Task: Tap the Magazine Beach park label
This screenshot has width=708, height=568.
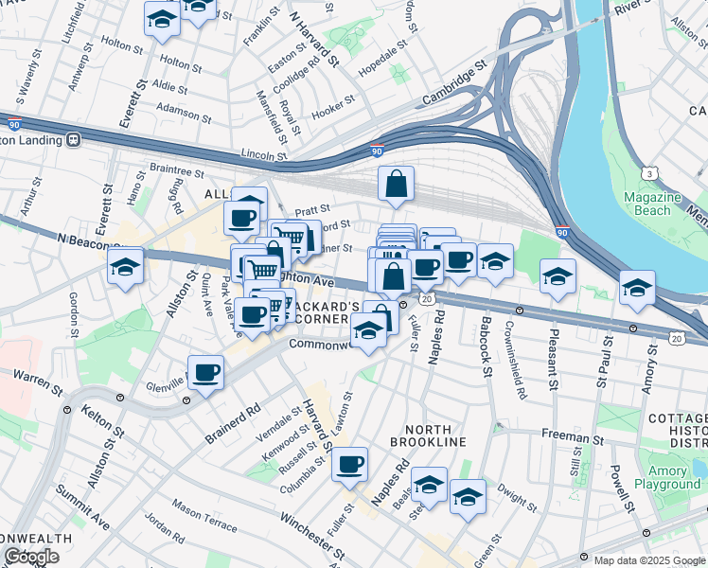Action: pos(653,204)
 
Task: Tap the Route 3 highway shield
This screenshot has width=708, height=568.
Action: pos(650,173)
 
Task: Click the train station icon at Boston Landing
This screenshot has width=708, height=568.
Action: pos(73,139)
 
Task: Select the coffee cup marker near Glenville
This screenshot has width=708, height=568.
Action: pos(205,372)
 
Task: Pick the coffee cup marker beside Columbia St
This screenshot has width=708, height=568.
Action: pos(350,463)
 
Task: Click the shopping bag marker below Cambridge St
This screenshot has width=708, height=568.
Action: pos(396,184)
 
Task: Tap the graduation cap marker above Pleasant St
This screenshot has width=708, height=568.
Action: pos(558,276)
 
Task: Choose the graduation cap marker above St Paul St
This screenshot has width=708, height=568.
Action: pos(637,288)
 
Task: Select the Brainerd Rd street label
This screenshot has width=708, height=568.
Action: pos(233,425)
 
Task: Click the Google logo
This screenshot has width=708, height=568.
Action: pos(31,557)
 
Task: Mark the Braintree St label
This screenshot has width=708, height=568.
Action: pos(177,169)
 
